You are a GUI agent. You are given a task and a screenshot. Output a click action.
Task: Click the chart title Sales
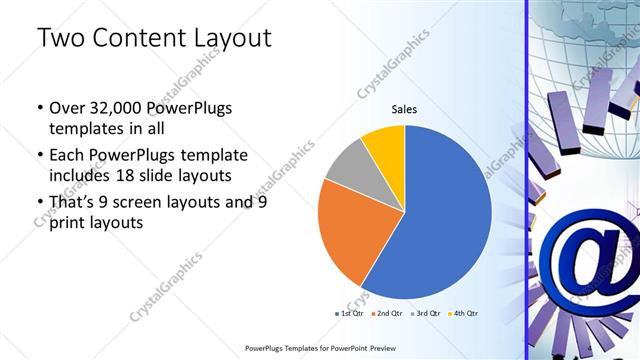point(404,109)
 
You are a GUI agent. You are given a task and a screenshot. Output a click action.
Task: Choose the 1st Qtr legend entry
point(350,314)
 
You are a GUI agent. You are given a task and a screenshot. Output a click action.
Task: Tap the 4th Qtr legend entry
point(464,314)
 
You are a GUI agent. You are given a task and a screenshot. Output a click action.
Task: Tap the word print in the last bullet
point(67,223)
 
